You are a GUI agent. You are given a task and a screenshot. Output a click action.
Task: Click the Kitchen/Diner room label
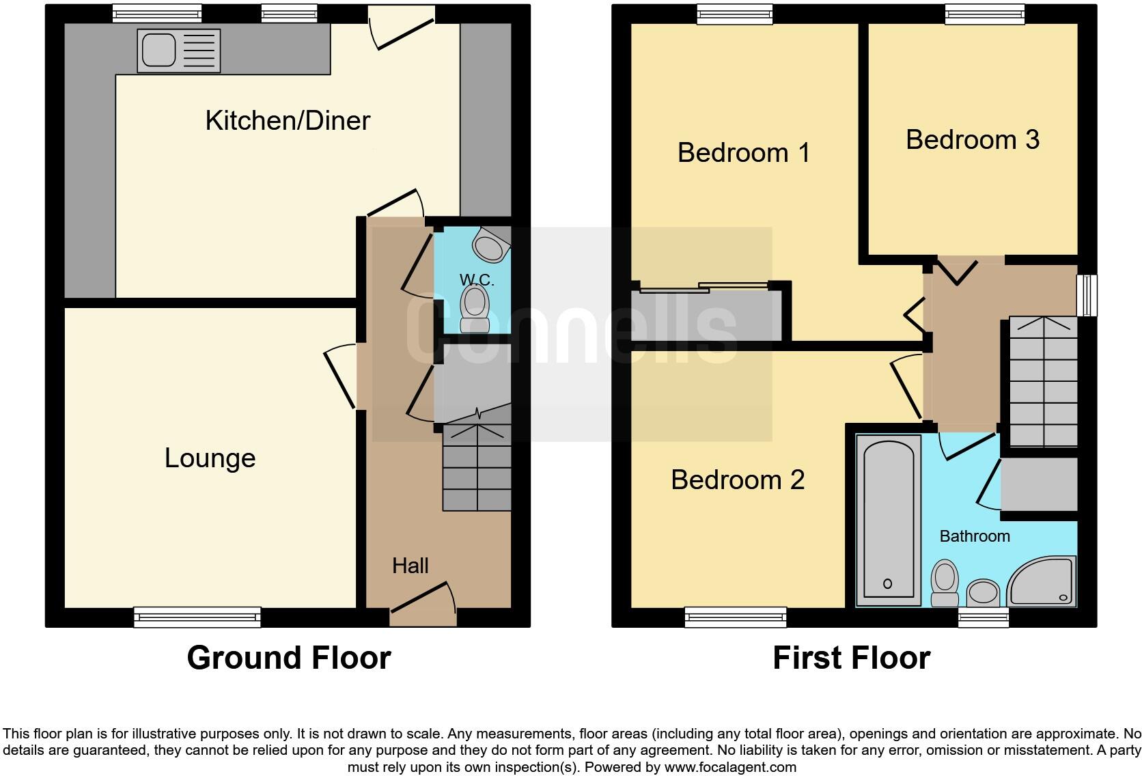(x=288, y=121)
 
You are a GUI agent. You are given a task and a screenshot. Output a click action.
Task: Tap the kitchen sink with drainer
(x=178, y=50)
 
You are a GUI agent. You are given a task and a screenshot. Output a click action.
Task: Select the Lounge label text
(x=210, y=458)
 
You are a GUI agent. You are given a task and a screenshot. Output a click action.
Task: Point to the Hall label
(x=410, y=566)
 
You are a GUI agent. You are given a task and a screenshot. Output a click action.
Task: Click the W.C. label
(x=477, y=279)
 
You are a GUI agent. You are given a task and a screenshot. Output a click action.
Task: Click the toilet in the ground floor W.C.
(x=475, y=308)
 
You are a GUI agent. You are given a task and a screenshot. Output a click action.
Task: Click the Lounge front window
(x=197, y=618)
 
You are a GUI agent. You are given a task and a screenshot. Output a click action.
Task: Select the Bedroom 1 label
(x=744, y=152)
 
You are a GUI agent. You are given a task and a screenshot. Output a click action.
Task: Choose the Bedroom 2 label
(x=738, y=480)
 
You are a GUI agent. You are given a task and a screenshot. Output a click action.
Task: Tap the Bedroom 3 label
(x=972, y=140)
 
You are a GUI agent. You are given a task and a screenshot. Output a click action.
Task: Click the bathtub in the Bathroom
(x=887, y=519)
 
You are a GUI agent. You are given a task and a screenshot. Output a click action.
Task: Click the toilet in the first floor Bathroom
(x=945, y=583)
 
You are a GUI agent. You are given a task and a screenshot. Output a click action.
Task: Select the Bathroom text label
(x=975, y=536)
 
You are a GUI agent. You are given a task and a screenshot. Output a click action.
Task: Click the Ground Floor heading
(x=289, y=658)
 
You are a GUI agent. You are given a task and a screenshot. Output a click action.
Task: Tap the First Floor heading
(x=851, y=658)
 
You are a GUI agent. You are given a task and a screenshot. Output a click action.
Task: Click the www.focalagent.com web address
(x=730, y=767)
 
